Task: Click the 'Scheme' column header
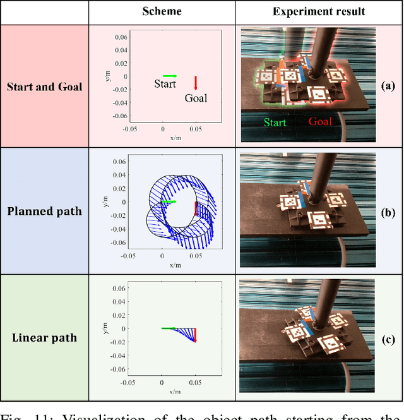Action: [162, 11]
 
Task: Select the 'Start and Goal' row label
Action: [44, 86]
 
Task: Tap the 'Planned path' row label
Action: [44, 210]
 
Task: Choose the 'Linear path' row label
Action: [44, 337]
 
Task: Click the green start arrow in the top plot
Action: [170, 76]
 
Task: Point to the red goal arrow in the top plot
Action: [196, 83]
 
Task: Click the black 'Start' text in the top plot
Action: [165, 84]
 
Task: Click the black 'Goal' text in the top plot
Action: [196, 98]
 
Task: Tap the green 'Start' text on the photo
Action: [275, 123]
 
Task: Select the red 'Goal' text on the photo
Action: [320, 122]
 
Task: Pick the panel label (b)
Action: [388, 210]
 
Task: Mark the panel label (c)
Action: [388, 337]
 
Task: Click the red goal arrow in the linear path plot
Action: [195, 335]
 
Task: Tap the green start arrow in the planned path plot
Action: [168, 201]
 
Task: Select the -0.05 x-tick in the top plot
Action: [129, 129]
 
